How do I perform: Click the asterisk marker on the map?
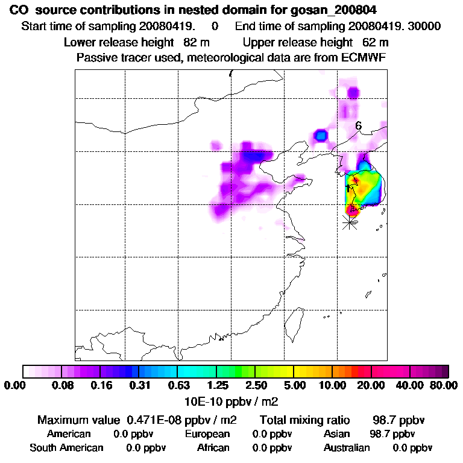point(349,222)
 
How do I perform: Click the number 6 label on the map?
point(358,126)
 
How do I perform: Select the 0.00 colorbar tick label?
point(16,385)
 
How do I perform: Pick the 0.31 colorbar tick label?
point(140,385)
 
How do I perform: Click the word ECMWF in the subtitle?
point(366,58)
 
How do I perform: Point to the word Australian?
point(347,448)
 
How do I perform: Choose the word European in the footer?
point(207,434)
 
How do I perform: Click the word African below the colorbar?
point(213,448)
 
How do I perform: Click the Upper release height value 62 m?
point(376,42)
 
